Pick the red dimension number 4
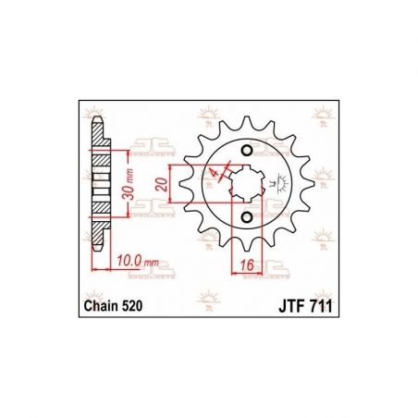(x=215, y=173)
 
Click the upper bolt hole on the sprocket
(x=246, y=152)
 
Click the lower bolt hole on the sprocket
(x=246, y=216)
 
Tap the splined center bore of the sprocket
(x=245, y=184)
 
